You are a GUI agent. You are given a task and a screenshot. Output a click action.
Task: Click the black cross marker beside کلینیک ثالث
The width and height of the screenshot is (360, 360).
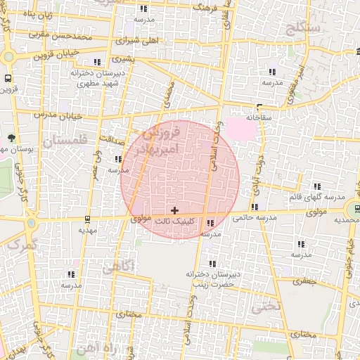174,210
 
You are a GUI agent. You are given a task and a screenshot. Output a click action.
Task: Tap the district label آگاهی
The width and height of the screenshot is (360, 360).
117,267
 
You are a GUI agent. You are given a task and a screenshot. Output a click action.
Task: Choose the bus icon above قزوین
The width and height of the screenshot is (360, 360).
8,79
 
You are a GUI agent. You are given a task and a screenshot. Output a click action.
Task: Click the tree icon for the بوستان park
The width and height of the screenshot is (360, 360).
11,138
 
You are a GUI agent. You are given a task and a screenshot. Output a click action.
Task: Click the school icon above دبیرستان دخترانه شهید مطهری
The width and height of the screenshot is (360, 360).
97,62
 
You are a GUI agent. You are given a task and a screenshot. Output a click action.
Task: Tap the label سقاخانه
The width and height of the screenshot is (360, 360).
259,117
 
